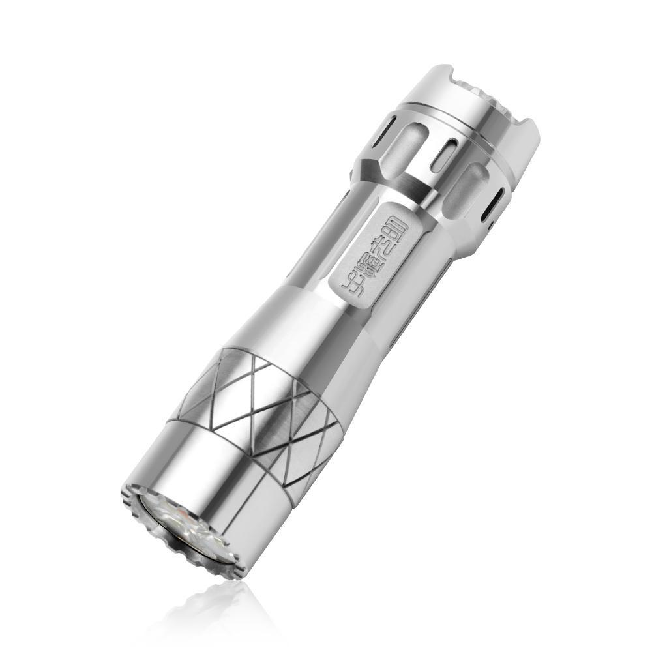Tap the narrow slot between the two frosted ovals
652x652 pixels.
point(445,154)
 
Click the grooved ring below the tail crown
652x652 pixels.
point(456,121)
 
